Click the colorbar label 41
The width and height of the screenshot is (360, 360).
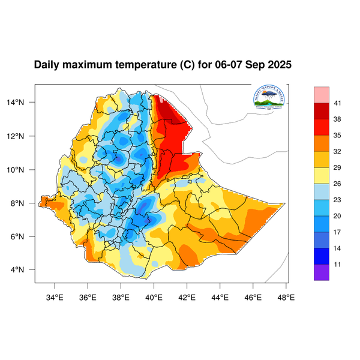pyautogui.click(x=337, y=103)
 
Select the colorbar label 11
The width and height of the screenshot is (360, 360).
pyautogui.click(x=337, y=263)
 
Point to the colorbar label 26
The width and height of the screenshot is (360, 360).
pyautogui.click(x=337, y=184)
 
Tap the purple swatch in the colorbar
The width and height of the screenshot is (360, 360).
pyautogui.click(x=322, y=272)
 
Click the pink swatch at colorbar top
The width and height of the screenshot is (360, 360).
pyautogui.click(x=322, y=94)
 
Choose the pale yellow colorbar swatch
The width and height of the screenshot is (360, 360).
pyautogui.click(x=322, y=175)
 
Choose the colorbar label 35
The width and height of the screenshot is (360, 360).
pyautogui.click(x=337, y=136)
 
